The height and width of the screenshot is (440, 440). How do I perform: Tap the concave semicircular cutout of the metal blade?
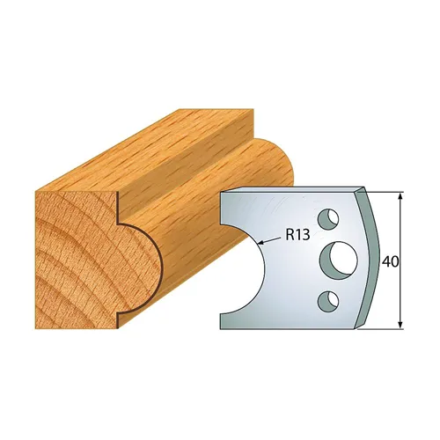point(242,264)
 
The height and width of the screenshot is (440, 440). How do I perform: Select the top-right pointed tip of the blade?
point(363,187)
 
